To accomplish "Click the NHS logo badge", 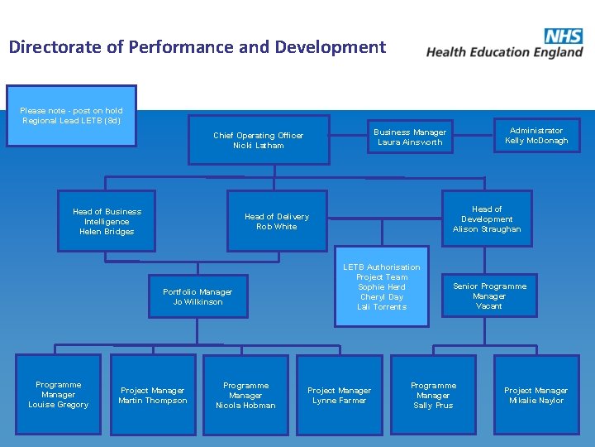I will pyautogui.click(x=563, y=36).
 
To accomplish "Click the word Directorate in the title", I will pyautogui.click(x=55, y=47).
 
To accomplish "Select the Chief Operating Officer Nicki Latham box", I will pyautogui.click(x=258, y=140).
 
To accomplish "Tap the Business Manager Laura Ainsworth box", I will pyautogui.click(x=410, y=137).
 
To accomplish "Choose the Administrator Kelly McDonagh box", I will pyautogui.click(x=536, y=135).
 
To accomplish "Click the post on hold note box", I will pyautogui.click(x=71, y=115).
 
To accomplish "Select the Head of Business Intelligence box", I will pyautogui.click(x=107, y=221).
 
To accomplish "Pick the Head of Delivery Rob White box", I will pyautogui.click(x=277, y=221).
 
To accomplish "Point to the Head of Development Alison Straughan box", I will pyautogui.click(x=487, y=219).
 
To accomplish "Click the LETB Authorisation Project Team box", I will pyautogui.click(x=382, y=286).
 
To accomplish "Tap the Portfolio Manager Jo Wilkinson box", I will pyautogui.click(x=198, y=296).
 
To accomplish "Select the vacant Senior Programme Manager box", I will pyautogui.click(x=489, y=296).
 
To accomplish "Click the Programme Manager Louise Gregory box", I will pyautogui.click(x=59, y=394).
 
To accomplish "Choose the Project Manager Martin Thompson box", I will pyautogui.click(x=153, y=395).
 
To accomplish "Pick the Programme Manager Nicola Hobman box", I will pyautogui.click(x=246, y=395).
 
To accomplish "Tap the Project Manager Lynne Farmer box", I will pyautogui.click(x=340, y=395).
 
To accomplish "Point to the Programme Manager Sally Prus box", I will pyautogui.click(x=434, y=395).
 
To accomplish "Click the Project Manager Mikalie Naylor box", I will pyautogui.click(x=535, y=395).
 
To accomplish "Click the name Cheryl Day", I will pyautogui.click(x=382, y=297).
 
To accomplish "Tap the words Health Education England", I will pyautogui.click(x=504, y=52).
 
